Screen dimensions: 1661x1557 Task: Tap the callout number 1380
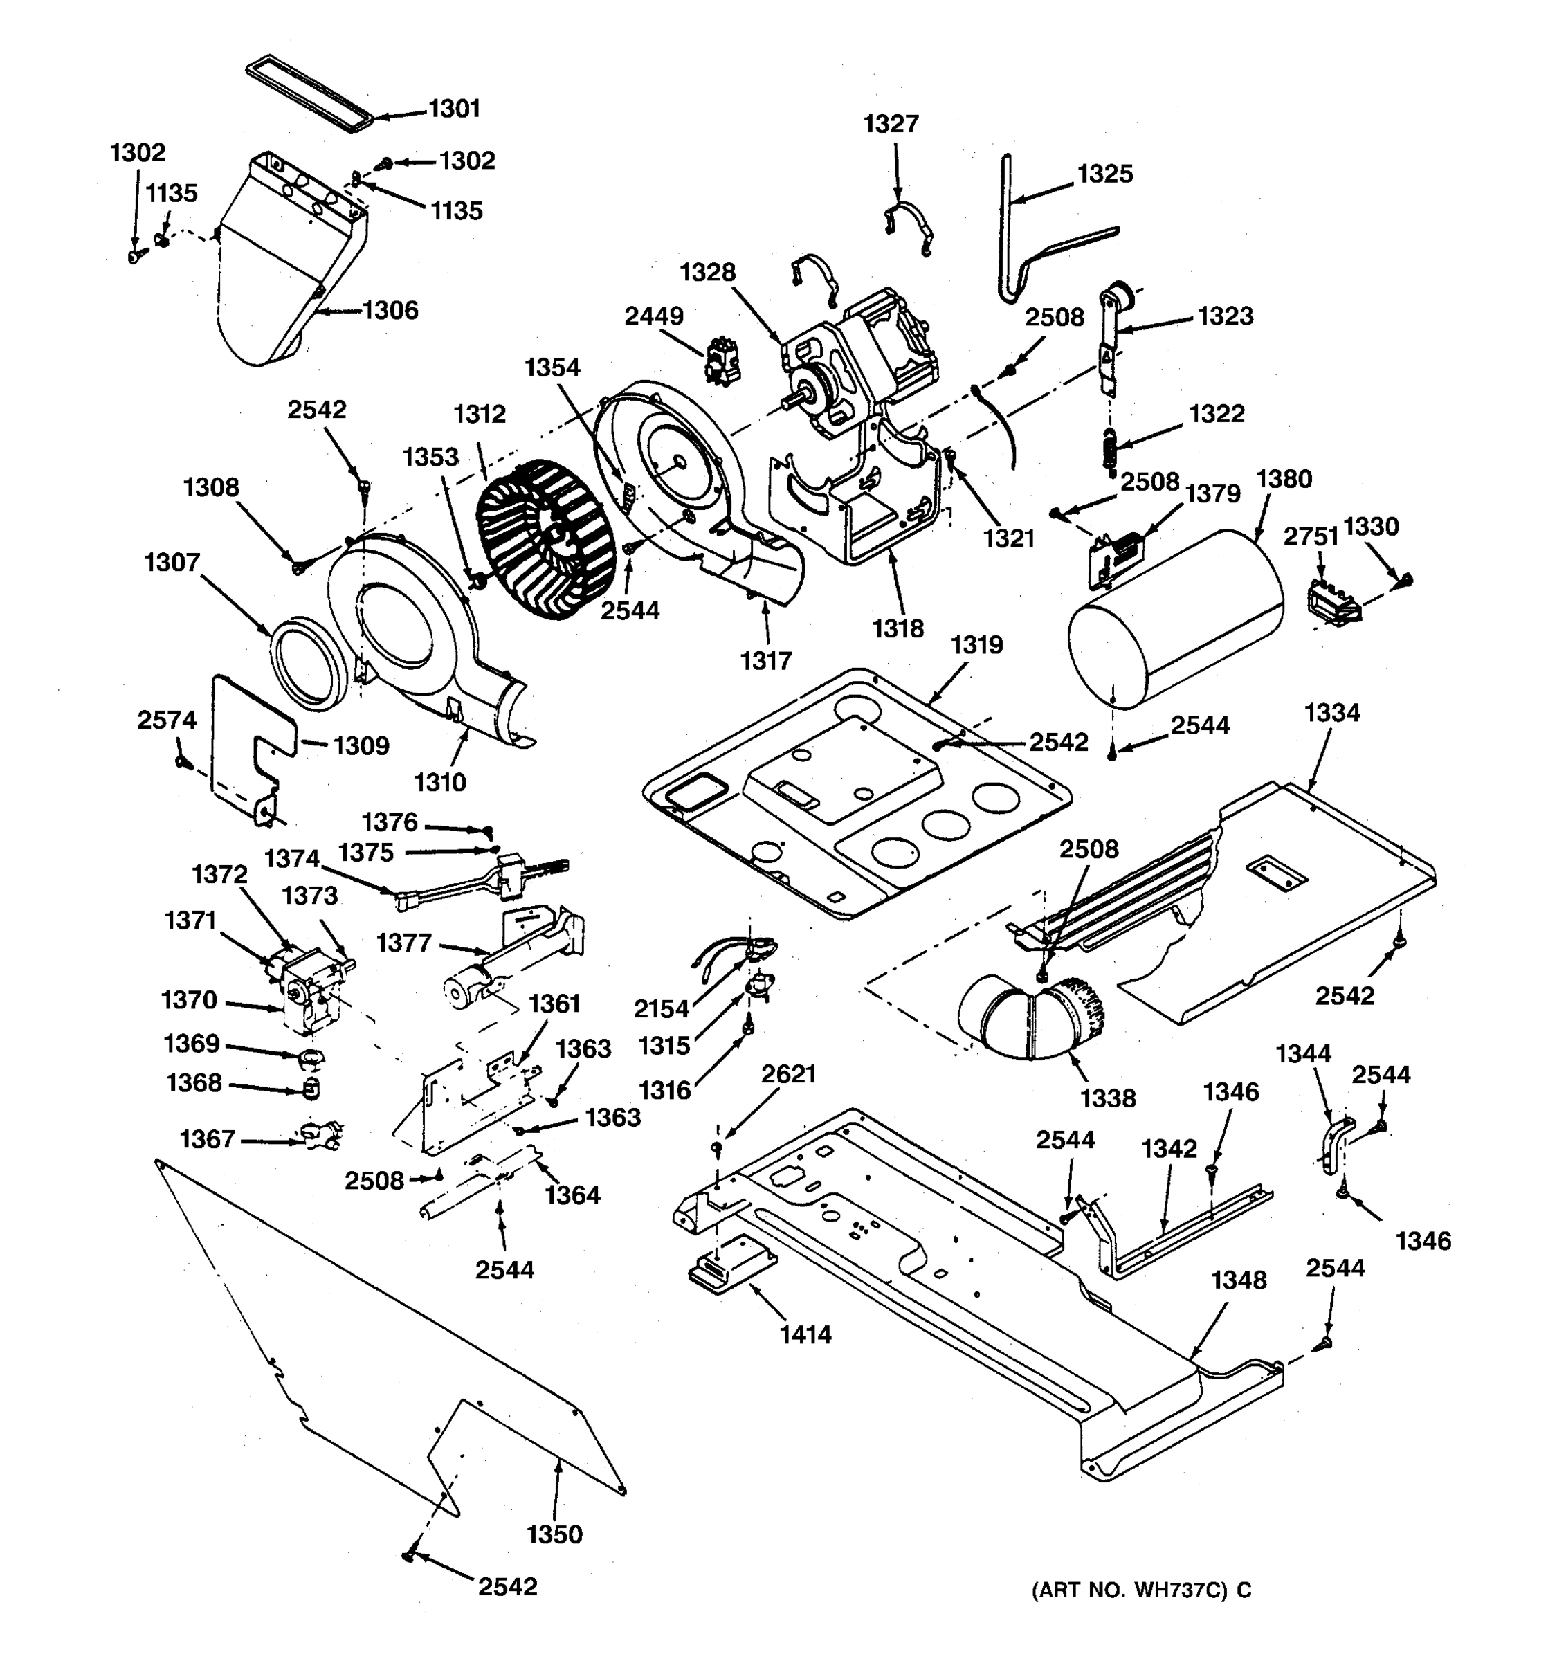(1284, 479)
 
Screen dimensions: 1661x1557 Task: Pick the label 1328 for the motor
(707, 273)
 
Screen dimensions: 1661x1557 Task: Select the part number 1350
(555, 1534)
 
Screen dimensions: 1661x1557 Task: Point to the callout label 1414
(805, 1334)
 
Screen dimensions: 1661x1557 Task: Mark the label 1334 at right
(1332, 713)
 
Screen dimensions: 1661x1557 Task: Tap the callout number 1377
(403, 943)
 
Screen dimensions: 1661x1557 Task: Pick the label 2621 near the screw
(787, 1073)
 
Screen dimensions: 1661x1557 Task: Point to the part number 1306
(390, 311)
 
